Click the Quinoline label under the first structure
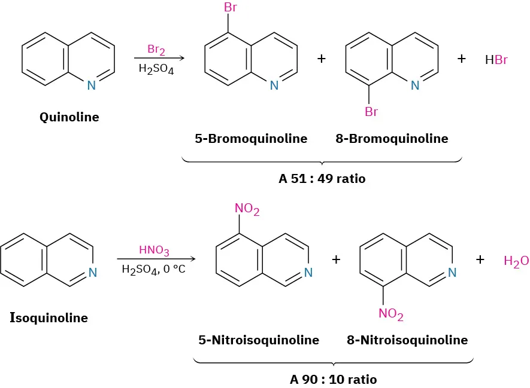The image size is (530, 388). pos(69,117)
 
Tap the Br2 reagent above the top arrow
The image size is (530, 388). pos(156,49)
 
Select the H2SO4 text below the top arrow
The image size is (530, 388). pos(156,69)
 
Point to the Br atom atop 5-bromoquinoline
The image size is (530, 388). pos(231,8)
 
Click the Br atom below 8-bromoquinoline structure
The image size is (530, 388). pos(371,112)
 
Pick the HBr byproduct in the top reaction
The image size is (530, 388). pos(496,60)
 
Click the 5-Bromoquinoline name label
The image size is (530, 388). pos(251,139)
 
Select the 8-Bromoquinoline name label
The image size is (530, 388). pos(392,139)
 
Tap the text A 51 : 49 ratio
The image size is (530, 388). pos(322,178)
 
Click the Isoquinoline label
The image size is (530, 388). pos(49,317)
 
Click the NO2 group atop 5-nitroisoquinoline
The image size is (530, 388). pos(247,209)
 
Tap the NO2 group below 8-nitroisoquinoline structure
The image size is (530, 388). pos(391,314)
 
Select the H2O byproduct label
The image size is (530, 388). pos(516,261)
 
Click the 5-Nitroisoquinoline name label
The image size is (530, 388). pos(259,340)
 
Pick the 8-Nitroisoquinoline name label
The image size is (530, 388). pos(407,340)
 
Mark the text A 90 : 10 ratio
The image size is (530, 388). pos(334,379)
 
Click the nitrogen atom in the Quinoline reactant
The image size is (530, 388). pos(91,85)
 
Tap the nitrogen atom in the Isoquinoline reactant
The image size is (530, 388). pos(92,273)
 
